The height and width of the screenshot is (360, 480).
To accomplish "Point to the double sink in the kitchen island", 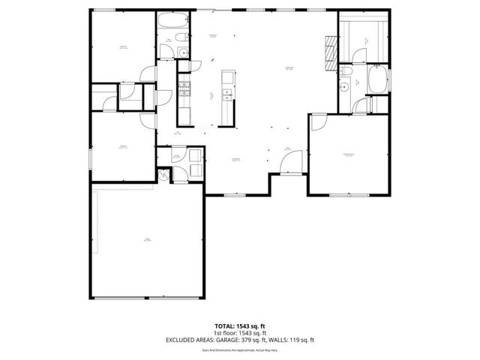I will click(227, 77).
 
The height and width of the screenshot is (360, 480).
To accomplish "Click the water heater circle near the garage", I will click(166, 177).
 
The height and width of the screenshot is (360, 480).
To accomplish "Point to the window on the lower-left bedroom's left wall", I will click(89, 158).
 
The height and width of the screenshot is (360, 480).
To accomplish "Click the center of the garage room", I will click(147, 240).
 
